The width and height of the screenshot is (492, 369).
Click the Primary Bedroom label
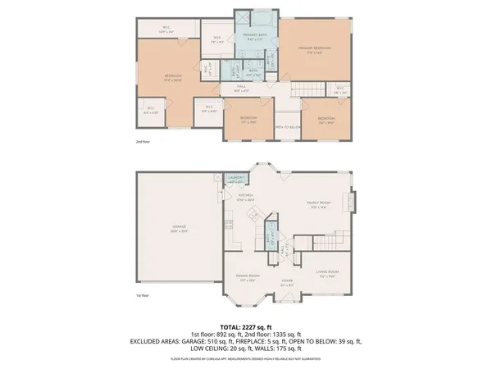[315, 50]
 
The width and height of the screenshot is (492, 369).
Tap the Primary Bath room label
[253, 37]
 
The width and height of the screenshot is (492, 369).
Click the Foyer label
[287, 281]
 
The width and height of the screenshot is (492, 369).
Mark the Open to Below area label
[285, 127]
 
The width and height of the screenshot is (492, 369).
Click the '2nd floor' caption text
[143, 142]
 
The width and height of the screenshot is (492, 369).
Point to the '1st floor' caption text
[143, 295]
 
